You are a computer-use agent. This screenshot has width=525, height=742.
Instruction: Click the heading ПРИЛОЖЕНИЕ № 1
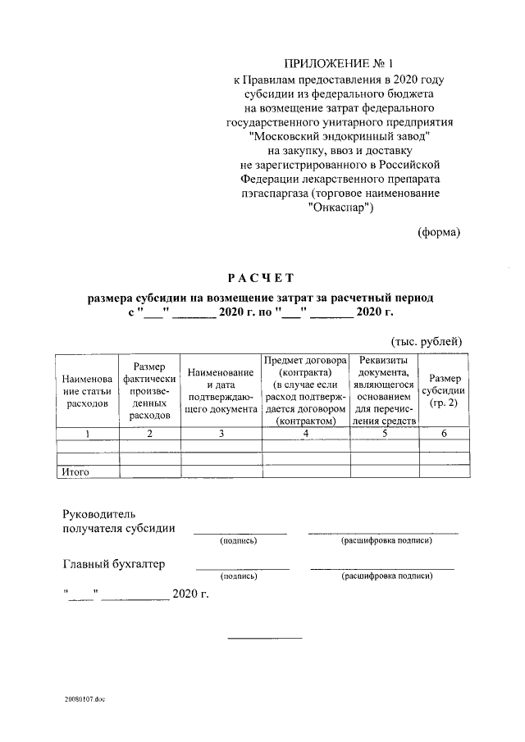coord(339,63)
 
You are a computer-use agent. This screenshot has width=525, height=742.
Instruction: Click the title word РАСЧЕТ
coord(260,278)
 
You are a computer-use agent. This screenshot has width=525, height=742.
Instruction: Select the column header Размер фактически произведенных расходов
coord(149,390)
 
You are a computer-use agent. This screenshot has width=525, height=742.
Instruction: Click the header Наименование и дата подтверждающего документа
coord(221,390)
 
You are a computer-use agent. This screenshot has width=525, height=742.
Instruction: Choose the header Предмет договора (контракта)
coord(304,390)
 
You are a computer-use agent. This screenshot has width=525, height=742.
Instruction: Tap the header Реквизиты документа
coord(385,390)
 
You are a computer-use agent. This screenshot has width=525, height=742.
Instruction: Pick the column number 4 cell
coord(304,434)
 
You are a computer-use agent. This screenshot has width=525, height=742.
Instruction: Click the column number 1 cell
coord(87,434)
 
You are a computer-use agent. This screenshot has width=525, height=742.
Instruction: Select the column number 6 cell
coord(444,434)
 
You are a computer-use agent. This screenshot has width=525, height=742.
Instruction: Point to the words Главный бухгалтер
coord(114,563)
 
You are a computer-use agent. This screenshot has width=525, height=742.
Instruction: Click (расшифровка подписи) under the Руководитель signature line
coord(386,540)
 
